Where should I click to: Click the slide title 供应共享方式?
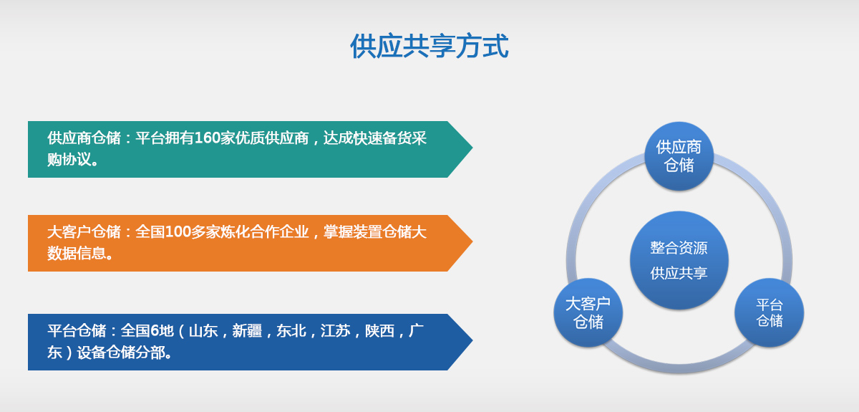(429, 46)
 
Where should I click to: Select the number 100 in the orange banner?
(178, 232)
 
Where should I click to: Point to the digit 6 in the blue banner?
(154, 330)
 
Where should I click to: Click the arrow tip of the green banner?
(472, 148)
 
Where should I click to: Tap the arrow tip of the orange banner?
(472, 241)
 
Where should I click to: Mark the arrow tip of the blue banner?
(472, 340)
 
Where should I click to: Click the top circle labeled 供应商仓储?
(679, 156)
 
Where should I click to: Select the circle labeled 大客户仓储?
(588, 312)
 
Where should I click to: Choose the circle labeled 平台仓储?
(770, 312)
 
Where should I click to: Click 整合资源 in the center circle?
(679, 248)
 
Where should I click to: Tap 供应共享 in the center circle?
(679, 273)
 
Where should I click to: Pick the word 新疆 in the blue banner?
(247, 330)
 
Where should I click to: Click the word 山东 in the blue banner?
(203, 330)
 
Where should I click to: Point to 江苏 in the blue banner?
(336, 330)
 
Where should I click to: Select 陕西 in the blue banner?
(379, 330)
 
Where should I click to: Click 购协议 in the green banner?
(69, 159)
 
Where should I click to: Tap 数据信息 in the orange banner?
(77, 254)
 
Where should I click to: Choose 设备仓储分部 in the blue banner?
(121, 353)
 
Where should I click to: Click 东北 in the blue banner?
(291, 330)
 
